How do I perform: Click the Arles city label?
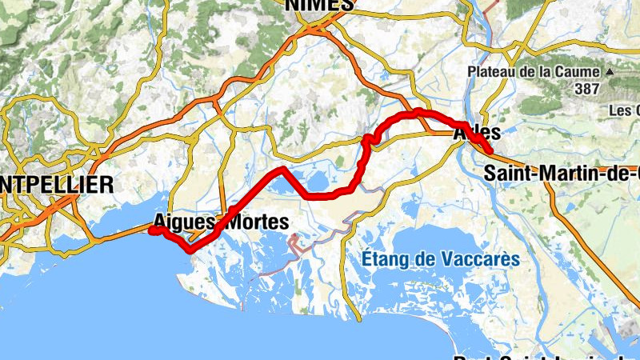[x=478, y=133]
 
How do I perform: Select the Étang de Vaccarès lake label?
[x=440, y=259]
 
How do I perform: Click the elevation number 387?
[x=586, y=89]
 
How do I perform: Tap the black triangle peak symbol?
[x=609, y=72]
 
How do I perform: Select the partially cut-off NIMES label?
[x=319, y=5]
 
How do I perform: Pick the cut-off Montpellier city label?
[x=56, y=185]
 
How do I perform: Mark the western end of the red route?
[x=151, y=230]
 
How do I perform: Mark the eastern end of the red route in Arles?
[x=489, y=150]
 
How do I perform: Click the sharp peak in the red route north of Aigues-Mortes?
[x=281, y=169]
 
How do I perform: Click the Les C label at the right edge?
[x=625, y=110]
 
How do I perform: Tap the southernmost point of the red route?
[x=190, y=250]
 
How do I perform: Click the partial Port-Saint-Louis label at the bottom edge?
[x=544, y=356]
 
